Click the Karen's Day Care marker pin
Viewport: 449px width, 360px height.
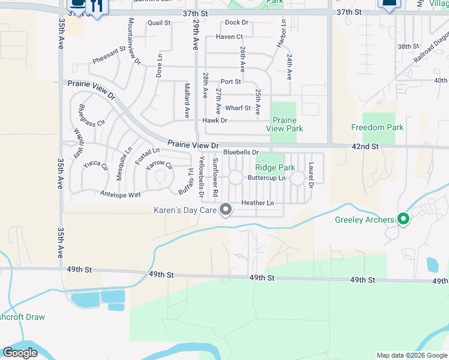(x=226, y=209)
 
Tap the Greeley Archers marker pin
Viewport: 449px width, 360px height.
(x=403, y=220)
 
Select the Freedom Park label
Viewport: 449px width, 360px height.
(x=377, y=128)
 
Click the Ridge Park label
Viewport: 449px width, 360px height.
(x=275, y=168)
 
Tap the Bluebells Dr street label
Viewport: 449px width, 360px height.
(x=241, y=152)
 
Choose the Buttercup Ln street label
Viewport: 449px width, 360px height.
(x=266, y=178)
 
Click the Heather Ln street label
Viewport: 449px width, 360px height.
(x=258, y=203)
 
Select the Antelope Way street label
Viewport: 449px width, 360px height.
(x=121, y=194)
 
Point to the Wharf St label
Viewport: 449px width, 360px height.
(x=238, y=108)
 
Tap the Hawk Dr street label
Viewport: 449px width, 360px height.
(x=215, y=121)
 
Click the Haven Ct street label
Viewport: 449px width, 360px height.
(x=229, y=37)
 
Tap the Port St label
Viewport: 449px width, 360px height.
(x=231, y=82)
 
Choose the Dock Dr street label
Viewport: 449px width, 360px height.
(x=237, y=23)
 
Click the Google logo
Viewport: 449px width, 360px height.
(x=20, y=353)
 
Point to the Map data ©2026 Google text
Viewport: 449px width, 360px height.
(x=411, y=355)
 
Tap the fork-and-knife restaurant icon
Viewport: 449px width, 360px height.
(x=96, y=5)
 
